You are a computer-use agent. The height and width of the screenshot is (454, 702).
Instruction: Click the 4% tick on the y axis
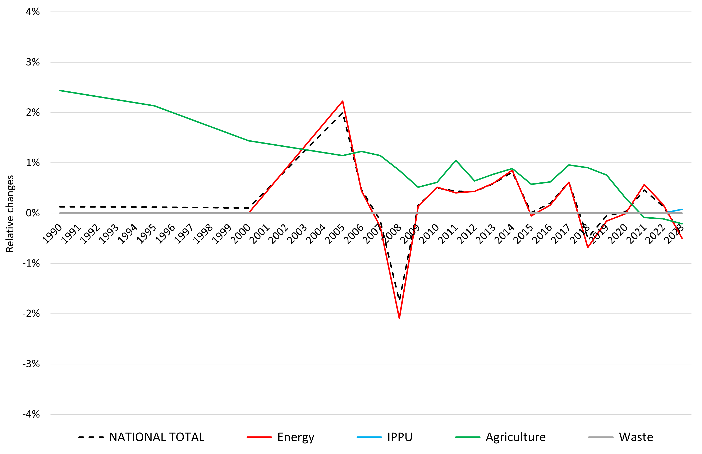[33, 12]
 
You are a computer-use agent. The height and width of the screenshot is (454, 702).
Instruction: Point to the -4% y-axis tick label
[31, 414]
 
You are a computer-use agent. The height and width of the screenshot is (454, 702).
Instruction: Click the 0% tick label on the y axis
[33, 213]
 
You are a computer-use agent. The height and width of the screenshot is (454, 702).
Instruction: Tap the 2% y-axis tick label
[33, 113]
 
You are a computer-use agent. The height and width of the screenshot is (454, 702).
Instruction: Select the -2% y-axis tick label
[31, 314]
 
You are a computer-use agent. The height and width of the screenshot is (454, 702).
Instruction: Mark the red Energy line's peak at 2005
[343, 101]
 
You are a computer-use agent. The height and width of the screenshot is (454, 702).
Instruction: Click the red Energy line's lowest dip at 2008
[399, 318]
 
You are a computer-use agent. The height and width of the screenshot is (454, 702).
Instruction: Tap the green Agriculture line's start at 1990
[60, 91]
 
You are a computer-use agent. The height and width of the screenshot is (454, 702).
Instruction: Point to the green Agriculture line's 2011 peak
[456, 160]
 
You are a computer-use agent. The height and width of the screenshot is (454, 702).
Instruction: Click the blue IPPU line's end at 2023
[682, 209]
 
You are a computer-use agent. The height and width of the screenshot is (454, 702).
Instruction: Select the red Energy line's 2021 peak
[644, 185]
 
